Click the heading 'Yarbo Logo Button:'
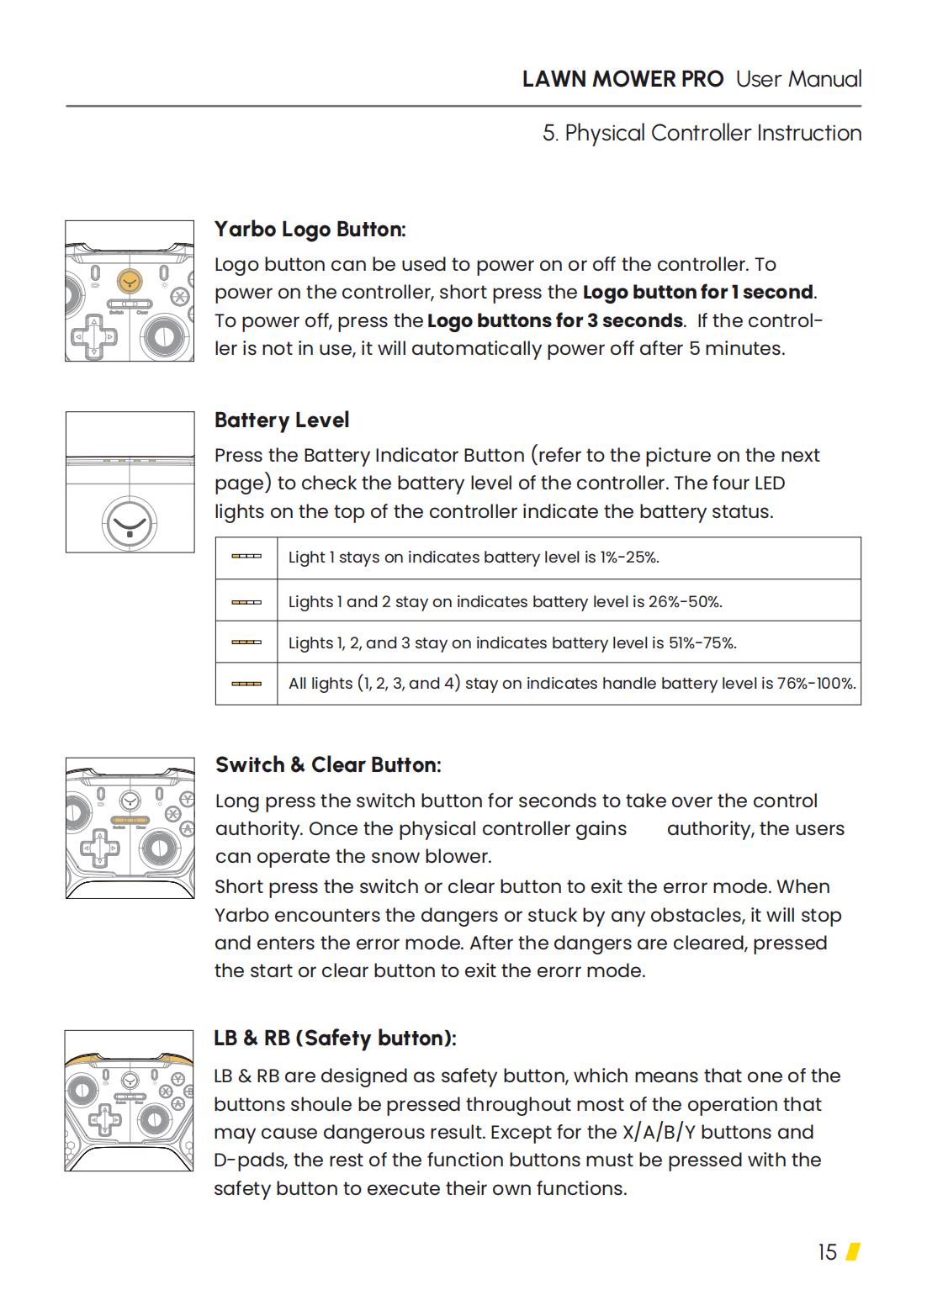[310, 230]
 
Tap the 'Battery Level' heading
[281, 420]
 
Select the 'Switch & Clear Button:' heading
[327, 765]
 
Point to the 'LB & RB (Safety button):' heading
[334, 1039]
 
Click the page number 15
[827, 1253]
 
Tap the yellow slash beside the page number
[853, 1252]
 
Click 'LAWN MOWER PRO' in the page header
[622, 79]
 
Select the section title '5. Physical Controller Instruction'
[702, 133]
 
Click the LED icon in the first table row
[246, 557]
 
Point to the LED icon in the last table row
[246, 684]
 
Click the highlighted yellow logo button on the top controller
[129, 280]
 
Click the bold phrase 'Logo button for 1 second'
[697, 293]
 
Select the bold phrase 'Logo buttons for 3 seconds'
[555, 321]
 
